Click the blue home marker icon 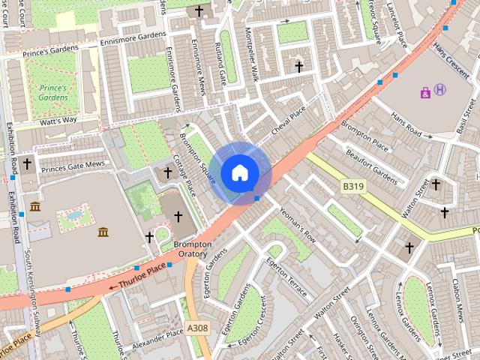click(239, 172)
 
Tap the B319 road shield click(352, 185)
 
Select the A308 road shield click(197, 328)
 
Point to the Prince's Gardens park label click(53, 92)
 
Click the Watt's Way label click(58, 120)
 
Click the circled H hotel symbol click(440, 90)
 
